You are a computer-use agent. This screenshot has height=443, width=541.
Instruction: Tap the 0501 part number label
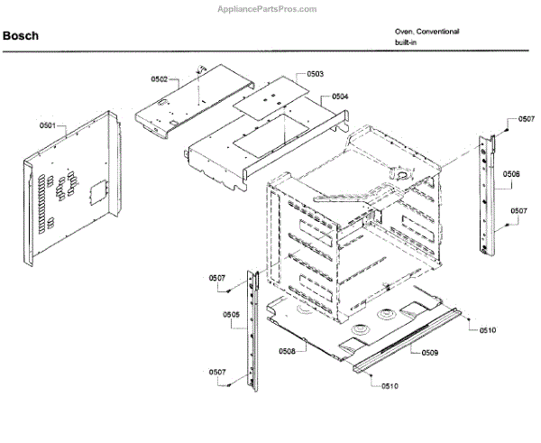(47, 125)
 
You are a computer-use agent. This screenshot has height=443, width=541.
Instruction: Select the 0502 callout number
(159, 79)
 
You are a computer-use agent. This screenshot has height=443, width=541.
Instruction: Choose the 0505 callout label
(231, 315)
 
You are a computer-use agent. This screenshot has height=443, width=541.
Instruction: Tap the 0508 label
(287, 350)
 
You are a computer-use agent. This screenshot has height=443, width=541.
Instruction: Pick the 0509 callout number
(429, 352)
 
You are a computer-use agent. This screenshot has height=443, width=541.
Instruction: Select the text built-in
(407, 42)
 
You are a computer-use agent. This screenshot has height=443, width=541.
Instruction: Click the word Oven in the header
(403, 32)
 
